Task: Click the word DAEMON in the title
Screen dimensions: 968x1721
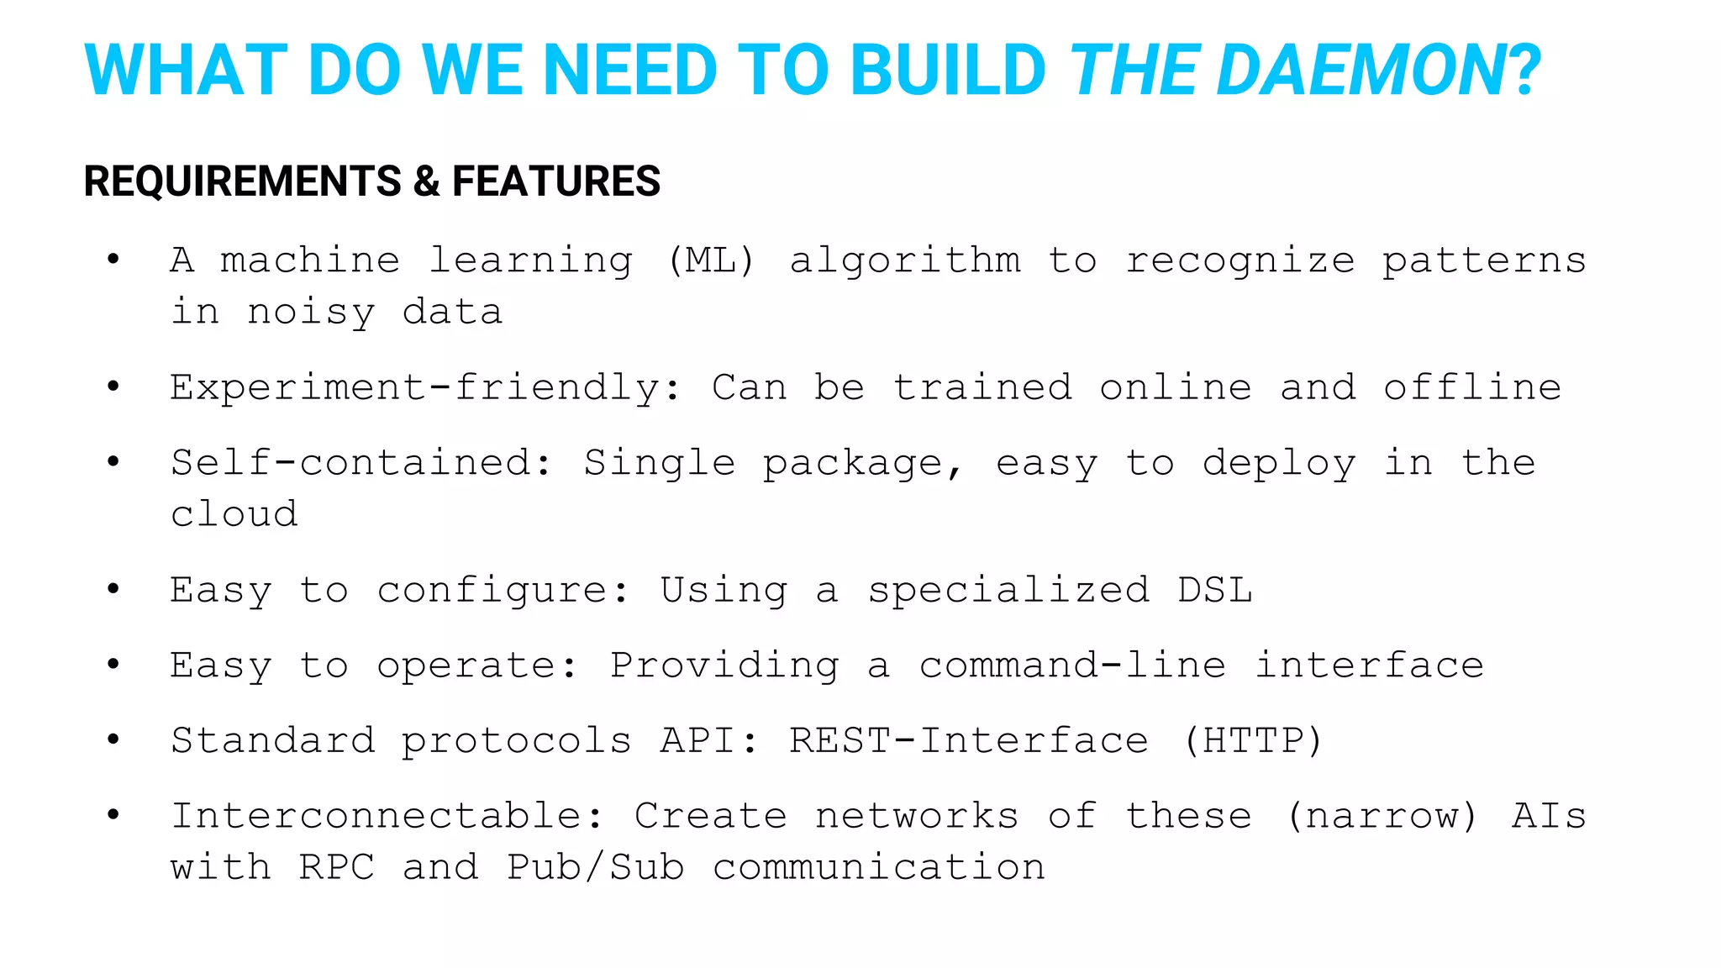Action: (1361, 71)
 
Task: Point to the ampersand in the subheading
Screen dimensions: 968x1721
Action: (427, 181)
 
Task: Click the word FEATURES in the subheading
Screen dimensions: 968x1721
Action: (556, 181)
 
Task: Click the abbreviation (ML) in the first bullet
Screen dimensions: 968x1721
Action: (711, 260)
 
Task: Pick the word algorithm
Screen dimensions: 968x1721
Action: (905, 260)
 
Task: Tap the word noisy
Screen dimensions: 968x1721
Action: (311, 313)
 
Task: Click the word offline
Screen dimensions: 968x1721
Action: (1472, 388)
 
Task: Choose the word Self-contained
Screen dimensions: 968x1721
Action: (361, 464)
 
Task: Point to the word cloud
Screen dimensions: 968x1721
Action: (234, 514)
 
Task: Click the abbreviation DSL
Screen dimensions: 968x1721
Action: (1215, 590)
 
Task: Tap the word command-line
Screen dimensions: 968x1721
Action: (1072, 665)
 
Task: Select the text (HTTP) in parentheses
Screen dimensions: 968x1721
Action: (1252, 741)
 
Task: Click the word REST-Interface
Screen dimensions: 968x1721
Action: (968, 741)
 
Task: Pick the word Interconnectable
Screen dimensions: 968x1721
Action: (387, 817)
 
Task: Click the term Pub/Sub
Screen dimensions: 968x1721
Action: (596, 868)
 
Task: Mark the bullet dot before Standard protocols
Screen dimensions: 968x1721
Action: (113, 739)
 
